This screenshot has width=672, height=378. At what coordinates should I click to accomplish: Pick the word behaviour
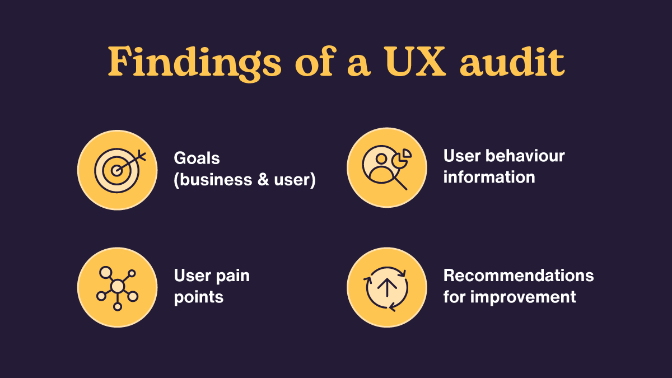[526, 156]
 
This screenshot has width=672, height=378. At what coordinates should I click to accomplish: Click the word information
[489, 177]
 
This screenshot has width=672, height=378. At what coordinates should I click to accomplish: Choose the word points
[199, 296]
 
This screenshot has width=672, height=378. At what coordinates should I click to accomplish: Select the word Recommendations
[518, 276]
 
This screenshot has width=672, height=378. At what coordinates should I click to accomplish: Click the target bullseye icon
[115, 170]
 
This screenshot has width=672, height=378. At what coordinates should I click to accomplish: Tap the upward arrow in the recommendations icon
[387, 287]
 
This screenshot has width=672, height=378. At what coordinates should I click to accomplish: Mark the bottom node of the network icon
[117, 306]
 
